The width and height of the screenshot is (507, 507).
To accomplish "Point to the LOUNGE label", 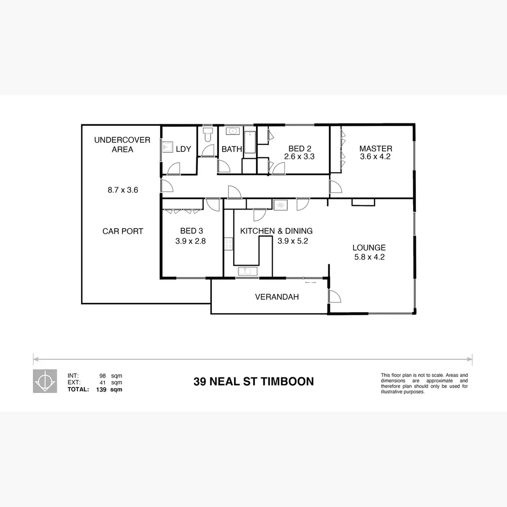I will coord(369,247).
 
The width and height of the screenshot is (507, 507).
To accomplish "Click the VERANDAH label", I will coord(277,297).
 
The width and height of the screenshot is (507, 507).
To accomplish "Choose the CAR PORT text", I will coord(123,231).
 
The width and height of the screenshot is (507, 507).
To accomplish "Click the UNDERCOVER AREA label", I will coord(123,145).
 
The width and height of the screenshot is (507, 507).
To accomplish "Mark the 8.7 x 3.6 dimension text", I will coord(123,190).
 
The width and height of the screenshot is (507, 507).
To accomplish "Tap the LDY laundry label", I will coord(183,149).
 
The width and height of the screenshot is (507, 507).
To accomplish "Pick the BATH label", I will coord(232,149).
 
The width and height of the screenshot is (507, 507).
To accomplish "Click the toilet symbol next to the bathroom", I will coord(208,135).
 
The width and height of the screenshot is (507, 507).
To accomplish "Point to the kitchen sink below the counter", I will coord(247,271).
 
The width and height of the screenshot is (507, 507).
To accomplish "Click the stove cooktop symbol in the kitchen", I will coord(229,244).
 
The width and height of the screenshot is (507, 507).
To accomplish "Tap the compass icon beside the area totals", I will coord(45,381).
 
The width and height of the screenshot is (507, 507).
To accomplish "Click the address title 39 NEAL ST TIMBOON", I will coord(253,381).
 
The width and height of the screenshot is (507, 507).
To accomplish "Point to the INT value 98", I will coord(102,376).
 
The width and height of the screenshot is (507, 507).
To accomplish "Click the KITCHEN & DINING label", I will coord(276,231).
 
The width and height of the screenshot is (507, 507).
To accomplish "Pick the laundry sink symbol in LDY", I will coord(166,147).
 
